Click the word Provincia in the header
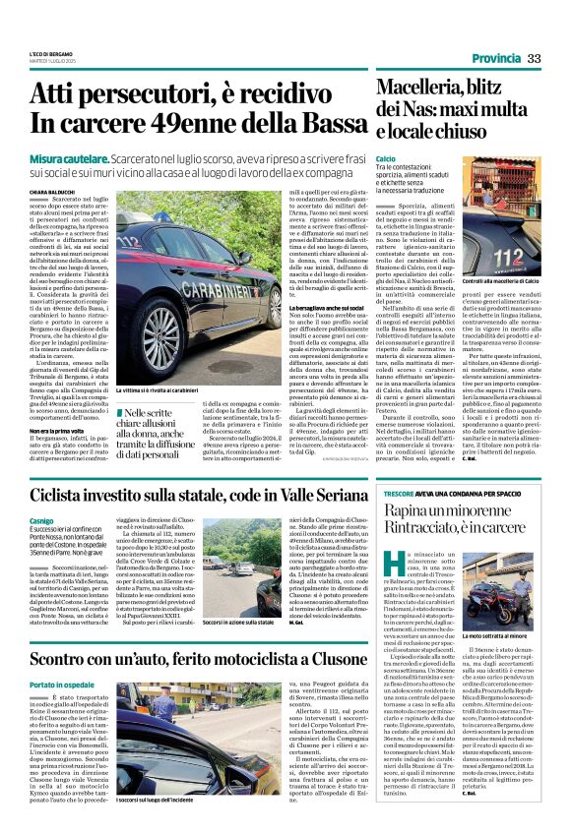tap(495, 59)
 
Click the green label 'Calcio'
tap(386, 158)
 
